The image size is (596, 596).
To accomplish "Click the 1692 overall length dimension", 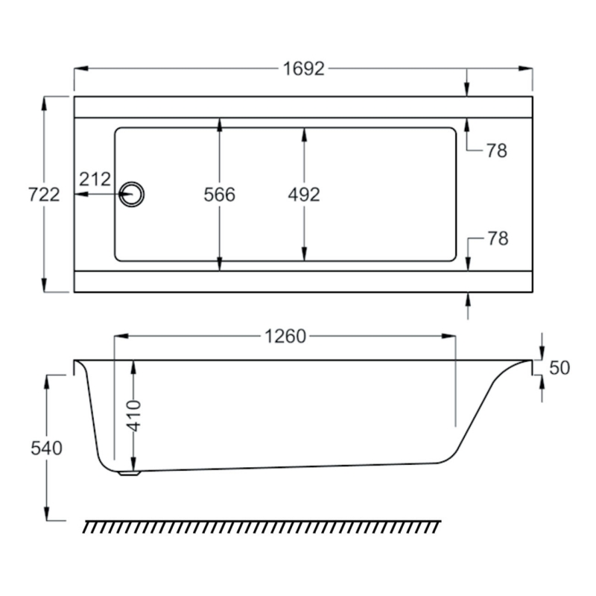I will pos(304,69).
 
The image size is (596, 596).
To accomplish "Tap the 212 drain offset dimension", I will pos(95,180).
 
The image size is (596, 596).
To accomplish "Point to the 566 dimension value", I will pos(219,195).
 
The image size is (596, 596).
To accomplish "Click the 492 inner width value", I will pos(304,195).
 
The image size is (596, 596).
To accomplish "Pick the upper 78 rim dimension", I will pos(496,150).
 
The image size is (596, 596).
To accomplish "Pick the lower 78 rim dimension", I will pos(496,238).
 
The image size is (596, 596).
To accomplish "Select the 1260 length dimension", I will pos(285,337).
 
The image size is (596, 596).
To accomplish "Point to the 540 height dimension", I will pos(45,448).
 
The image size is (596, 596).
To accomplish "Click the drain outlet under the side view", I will pos(130,471).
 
